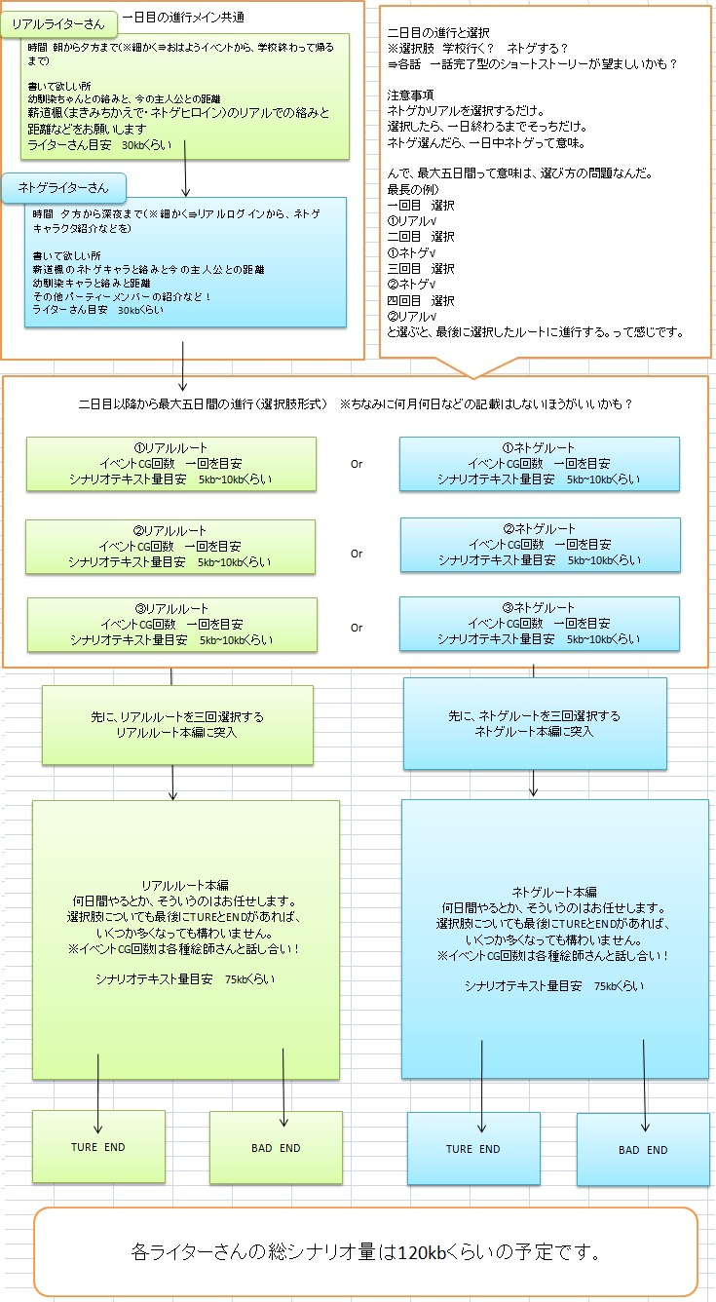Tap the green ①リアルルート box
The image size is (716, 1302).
click(171, 463)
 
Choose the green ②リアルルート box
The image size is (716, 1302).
click(171, 546)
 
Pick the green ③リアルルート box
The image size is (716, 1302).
click(171, 625)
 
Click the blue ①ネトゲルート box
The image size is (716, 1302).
click(539, 463)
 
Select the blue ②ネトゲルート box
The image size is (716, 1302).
click(539, 545)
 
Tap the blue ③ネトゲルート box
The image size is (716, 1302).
click(539, 624)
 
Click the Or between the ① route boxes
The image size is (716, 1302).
click(357, 464)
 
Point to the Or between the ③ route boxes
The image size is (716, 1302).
click(357, 628)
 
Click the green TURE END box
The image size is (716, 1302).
click(98, 1147)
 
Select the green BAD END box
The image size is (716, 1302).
click(276, 1148)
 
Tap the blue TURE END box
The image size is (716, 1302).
click(473, 1149)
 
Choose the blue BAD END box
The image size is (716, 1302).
click(643, 1150)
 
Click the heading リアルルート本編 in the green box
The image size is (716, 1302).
click(185, 885)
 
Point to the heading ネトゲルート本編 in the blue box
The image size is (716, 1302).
click(553, 892)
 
